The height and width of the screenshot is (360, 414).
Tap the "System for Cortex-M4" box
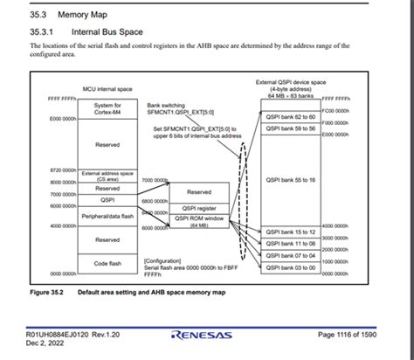(x=107, y=108)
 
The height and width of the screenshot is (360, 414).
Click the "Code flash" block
(x=107, y=261)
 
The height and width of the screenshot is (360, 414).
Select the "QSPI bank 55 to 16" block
(x=291, y=180)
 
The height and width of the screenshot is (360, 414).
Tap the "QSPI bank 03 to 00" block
(x=291, y=267)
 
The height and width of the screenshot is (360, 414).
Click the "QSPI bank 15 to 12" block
(x=291, y=232)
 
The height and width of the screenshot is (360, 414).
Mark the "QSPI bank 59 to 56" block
(x=291, y=128)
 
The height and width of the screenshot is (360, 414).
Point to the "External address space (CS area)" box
(x=107, y=174)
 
